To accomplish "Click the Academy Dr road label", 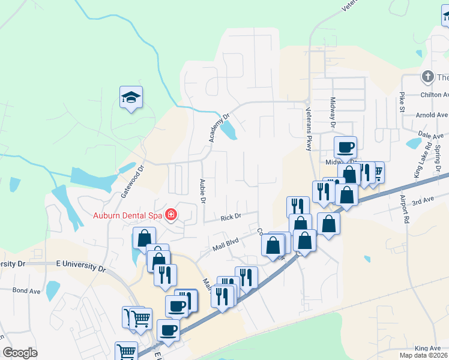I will (x=219, y=128).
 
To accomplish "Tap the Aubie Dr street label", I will (x=202, y=190).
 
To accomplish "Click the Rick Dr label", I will (x=230, y=217).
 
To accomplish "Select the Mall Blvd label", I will (x=226, y=244).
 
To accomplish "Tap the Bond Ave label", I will (x=26, y=290).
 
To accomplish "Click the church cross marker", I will (x=427, y=77).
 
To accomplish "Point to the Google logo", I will (x=20, y=353).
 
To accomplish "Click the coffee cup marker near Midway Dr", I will (x=346, y=147).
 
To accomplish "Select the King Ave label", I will (x=427, y=348).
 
